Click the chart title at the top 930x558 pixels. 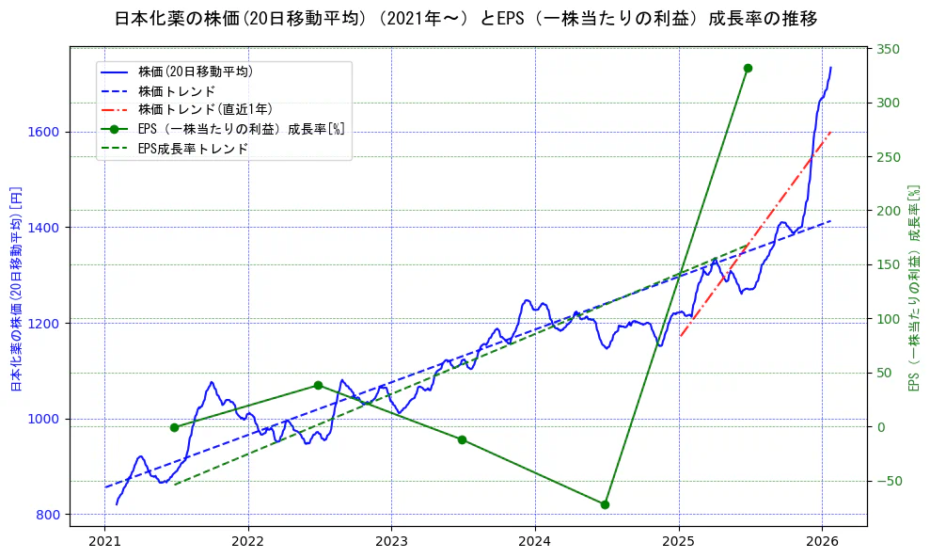[465, 19]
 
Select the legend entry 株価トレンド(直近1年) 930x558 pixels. [205, 109]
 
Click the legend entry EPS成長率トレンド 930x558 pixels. [193, 149]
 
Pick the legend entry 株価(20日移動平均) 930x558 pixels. [196, 71]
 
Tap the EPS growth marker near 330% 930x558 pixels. [748, 68]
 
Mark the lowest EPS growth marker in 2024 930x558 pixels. [605, 504]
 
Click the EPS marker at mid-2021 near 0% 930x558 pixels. [174, 427]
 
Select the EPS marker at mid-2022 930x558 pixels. [318, 385]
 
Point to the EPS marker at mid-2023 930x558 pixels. [462, 439]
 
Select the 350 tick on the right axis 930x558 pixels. [890, 49]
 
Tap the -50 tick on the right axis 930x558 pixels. [890, 481]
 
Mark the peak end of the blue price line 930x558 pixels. [830, 68]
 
